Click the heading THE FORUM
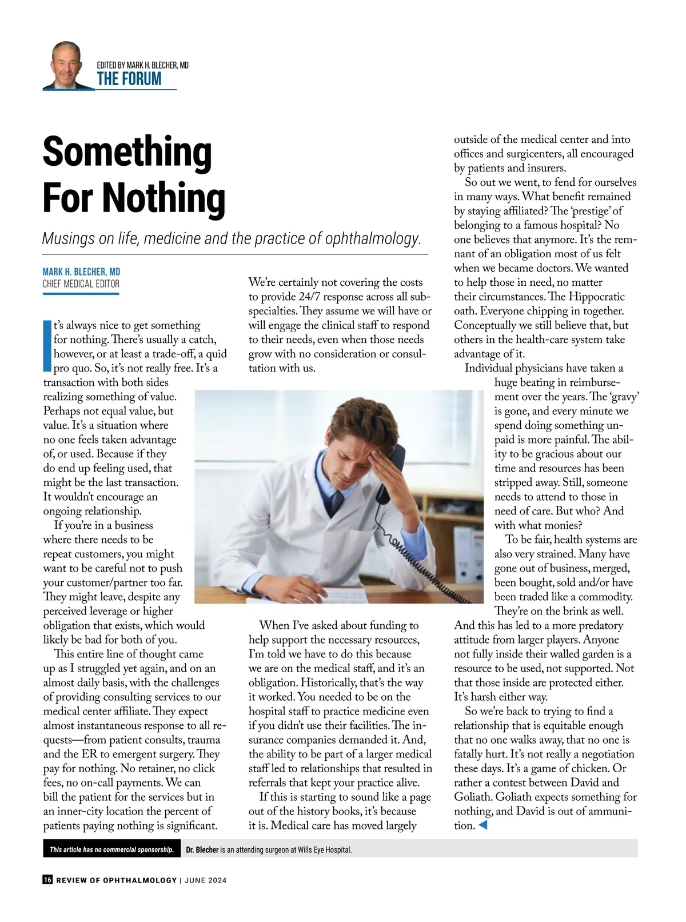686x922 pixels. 129,79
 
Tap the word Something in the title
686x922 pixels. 127,152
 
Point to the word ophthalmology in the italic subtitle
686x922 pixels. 373,238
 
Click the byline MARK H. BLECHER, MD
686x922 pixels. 81,272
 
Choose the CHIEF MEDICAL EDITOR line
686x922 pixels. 81,284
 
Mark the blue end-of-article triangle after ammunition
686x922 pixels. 482,825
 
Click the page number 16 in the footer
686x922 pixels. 47,880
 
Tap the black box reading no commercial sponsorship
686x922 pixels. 111,849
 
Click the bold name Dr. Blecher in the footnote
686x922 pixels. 202,850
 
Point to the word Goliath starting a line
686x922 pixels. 473,797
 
